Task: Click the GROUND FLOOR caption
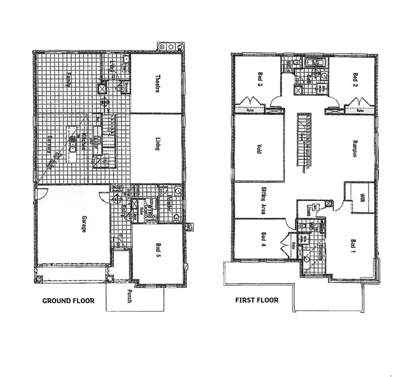click(x=68, y=300)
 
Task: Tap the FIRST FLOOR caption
click(x=256, y=300)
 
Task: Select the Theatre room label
click(x=157, y=84)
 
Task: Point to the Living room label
click(x=157, y=145)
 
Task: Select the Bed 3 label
click(x=260, y=82)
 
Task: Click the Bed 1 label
click(x=353, y=245)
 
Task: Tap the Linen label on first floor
click(x=307, y=210)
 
